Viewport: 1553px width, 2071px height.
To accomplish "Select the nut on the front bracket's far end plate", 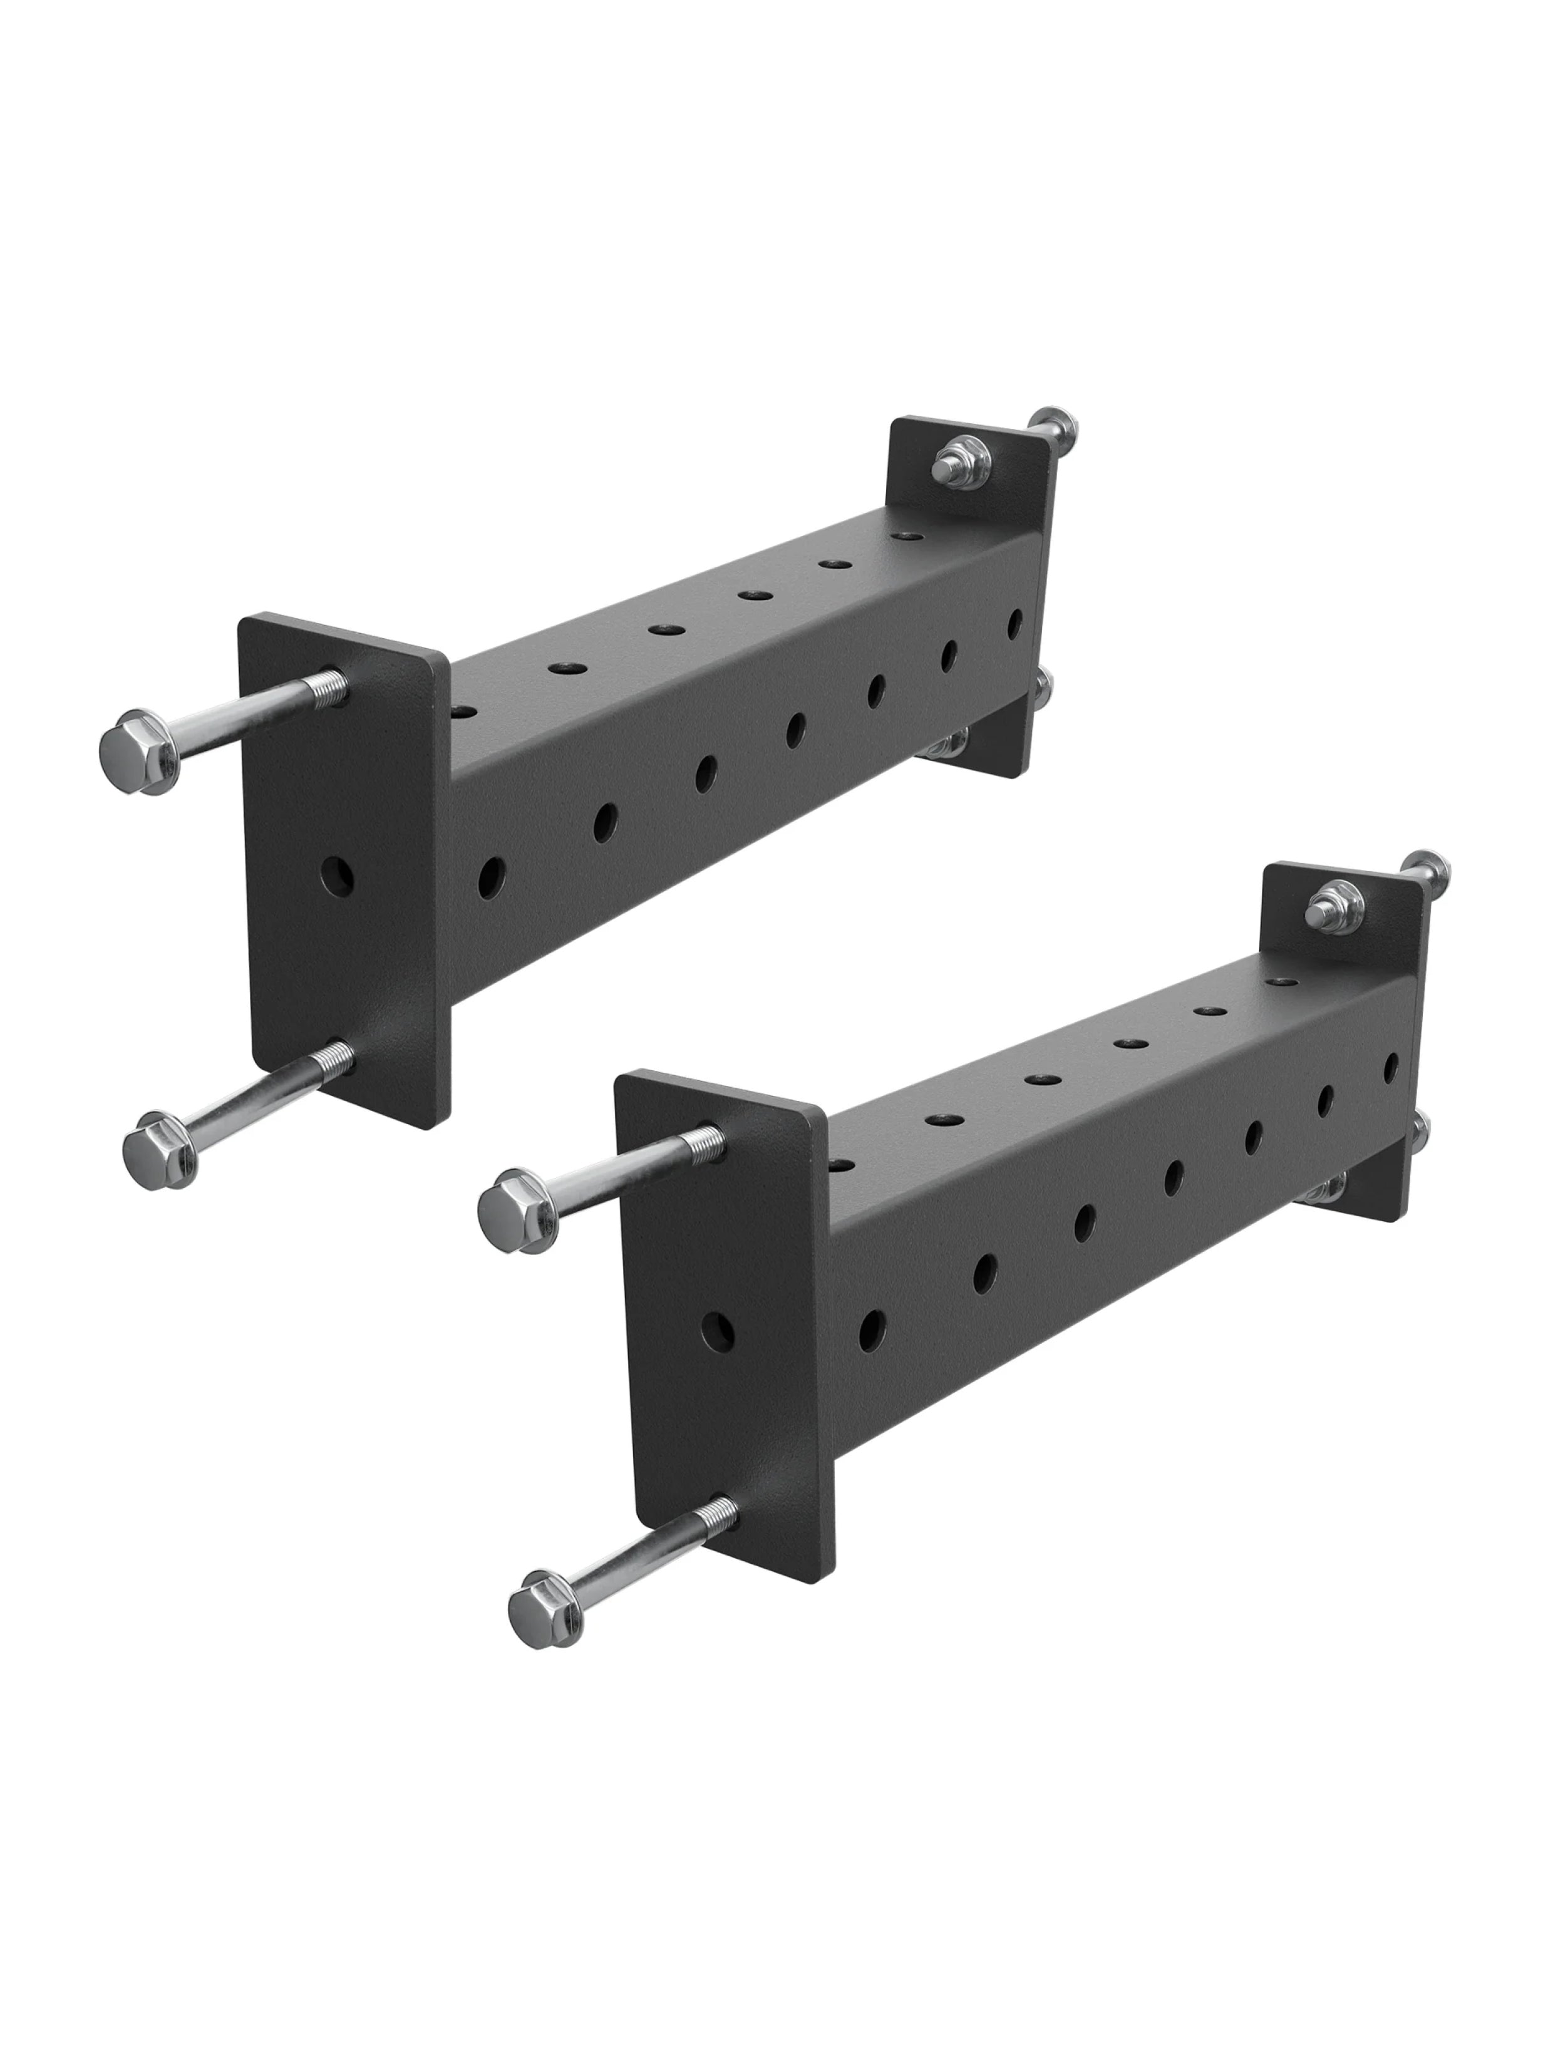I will click(x=1328, y=906).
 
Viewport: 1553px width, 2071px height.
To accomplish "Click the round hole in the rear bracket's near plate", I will click(x=337, y=874).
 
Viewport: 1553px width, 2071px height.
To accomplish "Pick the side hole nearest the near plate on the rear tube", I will click(x=490, y=874).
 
